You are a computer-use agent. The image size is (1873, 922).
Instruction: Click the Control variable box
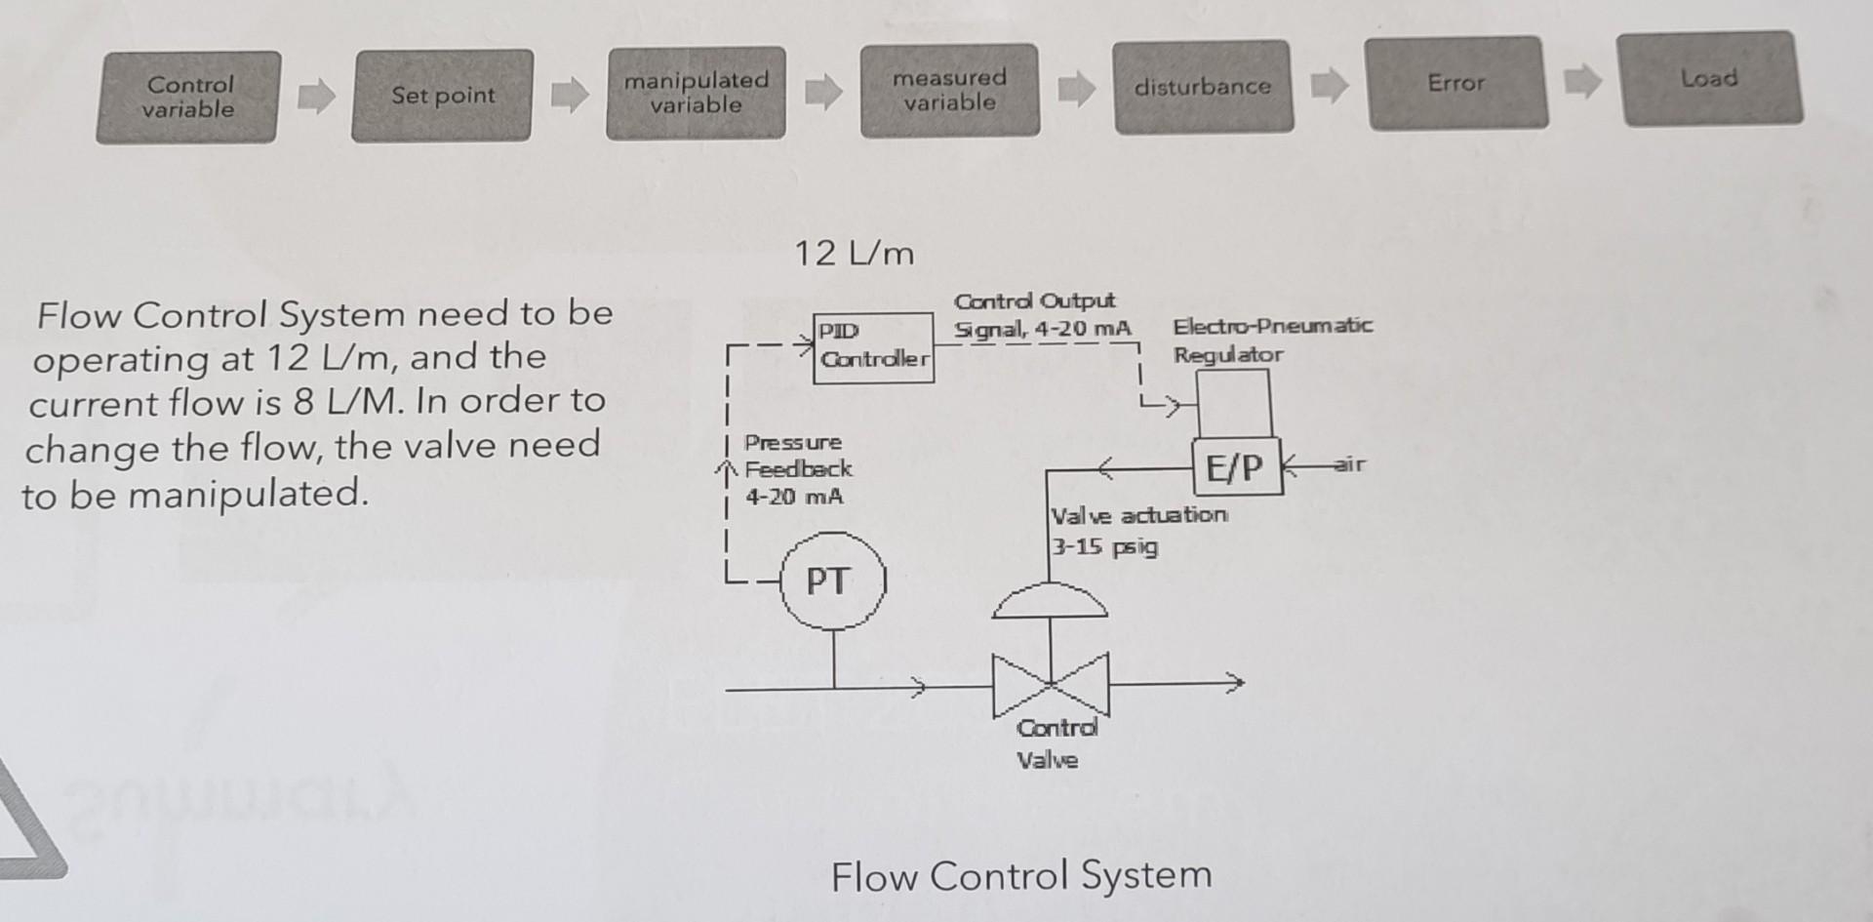pyautogui.click(x=188, y=98)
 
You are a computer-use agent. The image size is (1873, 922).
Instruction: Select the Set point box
pyautogui.click(x=443, y=96)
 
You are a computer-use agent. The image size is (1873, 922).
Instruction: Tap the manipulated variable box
pyautogui.click(x=696, y=93)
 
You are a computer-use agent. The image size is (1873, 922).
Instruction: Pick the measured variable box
pyautogui.click(x=949, y=90)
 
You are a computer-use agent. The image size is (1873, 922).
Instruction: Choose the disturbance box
pyautogui.click(x=1203, y=87)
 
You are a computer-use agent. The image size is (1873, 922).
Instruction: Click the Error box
pyautogui.click(x=1456, y=83)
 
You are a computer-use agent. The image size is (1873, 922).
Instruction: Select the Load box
pyautogui.click(x=1709, y=78)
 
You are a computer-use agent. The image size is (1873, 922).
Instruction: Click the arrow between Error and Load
pyautogui.click(x=1582, y=81)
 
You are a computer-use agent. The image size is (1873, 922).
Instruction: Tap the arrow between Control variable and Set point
pyautogui.click(x=316, y=96)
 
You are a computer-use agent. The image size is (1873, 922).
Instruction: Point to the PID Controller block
pyautogui.click(x=873, y=346)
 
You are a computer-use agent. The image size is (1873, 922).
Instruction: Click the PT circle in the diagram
pyautogui.click(x=832, y=581)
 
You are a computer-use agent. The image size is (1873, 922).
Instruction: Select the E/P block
pyautogui.click(x=1236, y=467)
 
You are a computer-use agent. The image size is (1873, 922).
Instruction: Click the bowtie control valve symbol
pyautogui.click(x=1051, y=684)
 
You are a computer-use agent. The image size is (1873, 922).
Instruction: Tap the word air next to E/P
pyautogui.click(x=1349, y=464)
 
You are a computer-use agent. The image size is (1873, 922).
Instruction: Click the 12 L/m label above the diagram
pyautogui.click(x=854, y=254)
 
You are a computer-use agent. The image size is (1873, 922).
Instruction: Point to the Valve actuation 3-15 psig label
pyautogui.click(x=1136, y=530)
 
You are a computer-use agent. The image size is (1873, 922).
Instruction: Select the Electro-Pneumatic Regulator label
pyautogui.click(x=1271, y=340)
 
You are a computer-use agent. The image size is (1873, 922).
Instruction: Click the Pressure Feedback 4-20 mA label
pyautogui.click(x=796, y=469)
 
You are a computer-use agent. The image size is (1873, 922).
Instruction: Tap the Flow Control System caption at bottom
pyautogui.click(x=1020, y=875)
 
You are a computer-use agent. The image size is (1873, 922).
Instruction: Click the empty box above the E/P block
pyautogui.click(x=1234, y=403)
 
